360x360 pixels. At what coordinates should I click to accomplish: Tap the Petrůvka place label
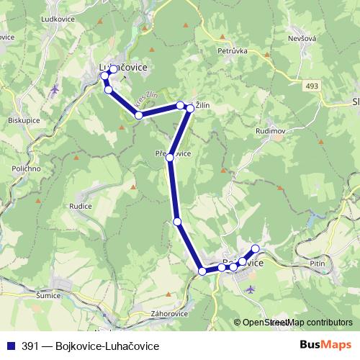click(x=233, y=51)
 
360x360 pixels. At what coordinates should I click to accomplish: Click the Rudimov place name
click(x=270, y=132)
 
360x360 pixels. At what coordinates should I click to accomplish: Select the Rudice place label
click(x=80, y=206)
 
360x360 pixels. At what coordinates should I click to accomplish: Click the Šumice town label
click(x=48, y=295)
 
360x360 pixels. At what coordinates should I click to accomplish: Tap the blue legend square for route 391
click(x=10, y=346)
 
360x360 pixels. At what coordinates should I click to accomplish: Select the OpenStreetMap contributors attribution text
click(x=297, y=323)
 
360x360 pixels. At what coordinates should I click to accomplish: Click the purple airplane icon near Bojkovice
click(x=250, y=289)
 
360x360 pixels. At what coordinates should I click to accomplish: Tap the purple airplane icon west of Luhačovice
click(x=55, y=89)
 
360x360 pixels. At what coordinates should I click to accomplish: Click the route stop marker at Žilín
click(x=190, y=108)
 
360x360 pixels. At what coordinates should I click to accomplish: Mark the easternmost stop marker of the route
click(x=255, y=249)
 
